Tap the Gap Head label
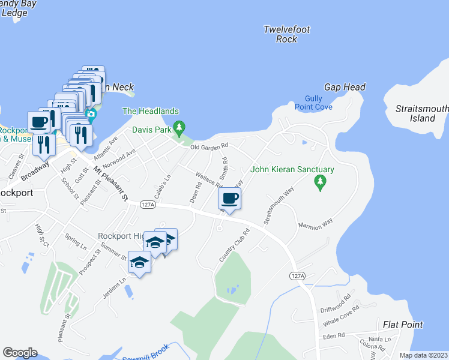(x=345, y=88)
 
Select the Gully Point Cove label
(x=313, y=103)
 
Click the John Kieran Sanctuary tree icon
(x=321, y=182)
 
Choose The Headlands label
(x=151, y=111)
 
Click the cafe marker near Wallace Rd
(x=231, y=198)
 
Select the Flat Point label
(x=403, y=325)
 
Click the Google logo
(x=20, y=353)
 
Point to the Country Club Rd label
(x=234, y=245)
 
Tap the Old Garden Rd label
(x=209, y=146)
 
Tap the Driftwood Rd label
(x=336, y=301)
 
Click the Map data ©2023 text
(x=423, y=355)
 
